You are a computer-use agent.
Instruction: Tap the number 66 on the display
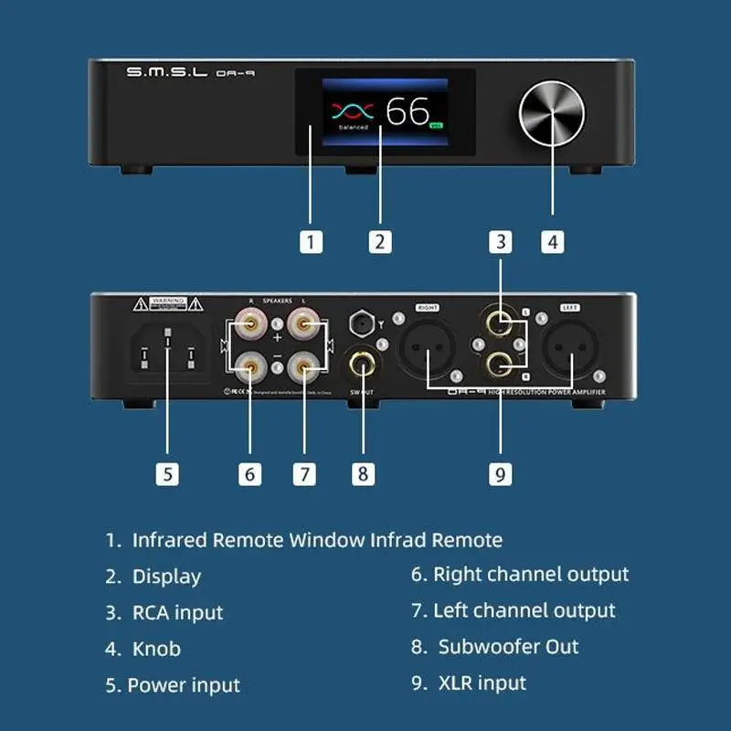407,111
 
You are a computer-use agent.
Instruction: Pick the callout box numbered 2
380,242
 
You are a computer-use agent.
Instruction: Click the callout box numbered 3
499,242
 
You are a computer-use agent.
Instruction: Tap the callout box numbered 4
552,242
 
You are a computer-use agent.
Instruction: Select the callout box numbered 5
166,474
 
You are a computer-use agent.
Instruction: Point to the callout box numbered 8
363,474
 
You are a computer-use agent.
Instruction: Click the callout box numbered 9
499,474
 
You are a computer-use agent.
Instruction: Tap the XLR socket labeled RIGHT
429,348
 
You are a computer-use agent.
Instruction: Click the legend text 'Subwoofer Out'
508,647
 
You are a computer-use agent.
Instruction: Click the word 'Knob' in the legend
156,649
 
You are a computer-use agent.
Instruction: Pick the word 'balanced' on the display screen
352,128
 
